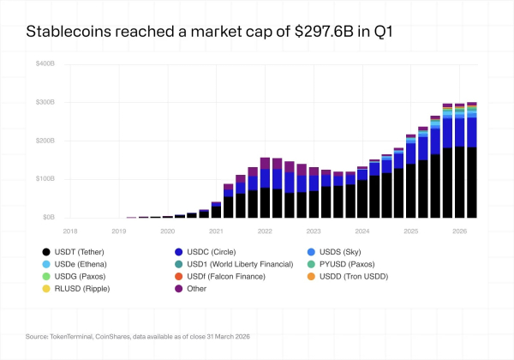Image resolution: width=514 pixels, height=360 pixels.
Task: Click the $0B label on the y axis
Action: [48, 218]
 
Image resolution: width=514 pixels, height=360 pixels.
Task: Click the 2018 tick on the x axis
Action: [71, 231]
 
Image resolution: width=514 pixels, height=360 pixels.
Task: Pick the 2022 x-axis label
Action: [266, 231]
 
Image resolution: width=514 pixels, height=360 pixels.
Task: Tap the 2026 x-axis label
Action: [460, 231]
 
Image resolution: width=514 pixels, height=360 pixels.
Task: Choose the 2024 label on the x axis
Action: [362, 231]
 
